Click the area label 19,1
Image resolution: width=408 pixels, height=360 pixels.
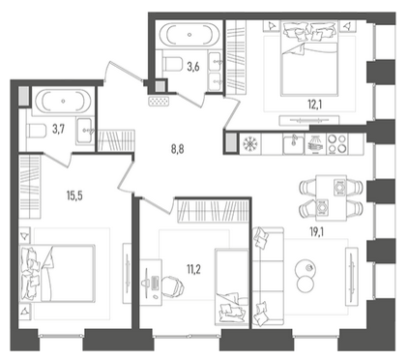click(x=317, y=232)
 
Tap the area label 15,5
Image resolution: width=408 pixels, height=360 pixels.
click(x=74, y=195)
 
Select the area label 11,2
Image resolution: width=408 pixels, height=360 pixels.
click(x=193, y=268)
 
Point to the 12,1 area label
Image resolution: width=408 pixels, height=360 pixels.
click(x=315, y=104)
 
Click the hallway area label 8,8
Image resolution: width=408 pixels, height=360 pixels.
click(x=177, y=149)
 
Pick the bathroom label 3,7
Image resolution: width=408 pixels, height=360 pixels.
click(x=59, y=130)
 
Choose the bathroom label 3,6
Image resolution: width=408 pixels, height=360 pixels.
click(x=193, y=67)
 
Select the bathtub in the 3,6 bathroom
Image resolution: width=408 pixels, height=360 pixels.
click(x=189, y=35)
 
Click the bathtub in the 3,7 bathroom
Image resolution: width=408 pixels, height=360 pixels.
click(x=63, y=101)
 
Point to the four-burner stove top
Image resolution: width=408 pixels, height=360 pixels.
click(x=337, y=143)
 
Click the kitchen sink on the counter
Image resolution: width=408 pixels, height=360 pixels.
click(x=293, y=144)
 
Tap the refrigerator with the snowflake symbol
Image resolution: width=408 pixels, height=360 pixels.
click(x=251, y=143)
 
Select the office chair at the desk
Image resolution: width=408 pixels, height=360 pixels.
click(x=173, y=285)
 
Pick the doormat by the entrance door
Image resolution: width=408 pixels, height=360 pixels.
click(x=159, y=101)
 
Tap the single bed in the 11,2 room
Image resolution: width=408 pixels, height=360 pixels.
click(x=232, y=287)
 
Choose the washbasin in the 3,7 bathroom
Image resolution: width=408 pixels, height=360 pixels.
click(x=85, y=131)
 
